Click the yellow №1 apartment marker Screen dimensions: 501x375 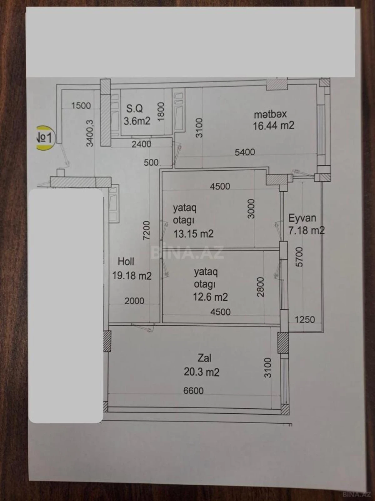click(45, 138)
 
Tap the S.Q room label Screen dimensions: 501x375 click(134, 109)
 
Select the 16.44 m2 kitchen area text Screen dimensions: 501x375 click(273, 126)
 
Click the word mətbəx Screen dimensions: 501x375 click(270, 114)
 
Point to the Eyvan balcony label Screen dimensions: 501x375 click(302, 218)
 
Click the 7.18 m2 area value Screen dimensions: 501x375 click(306, 231)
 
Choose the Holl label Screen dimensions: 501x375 click(126, 261)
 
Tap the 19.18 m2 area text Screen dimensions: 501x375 click(132, 276)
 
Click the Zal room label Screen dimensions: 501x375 click(204, 358)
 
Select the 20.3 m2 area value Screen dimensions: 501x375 click(202, 372)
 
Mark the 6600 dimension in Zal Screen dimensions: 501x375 click(193, 391)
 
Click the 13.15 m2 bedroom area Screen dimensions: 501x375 click(193, 234)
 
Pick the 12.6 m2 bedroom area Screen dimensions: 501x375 click(210, 297)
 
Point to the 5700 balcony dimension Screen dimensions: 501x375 click(299, 257)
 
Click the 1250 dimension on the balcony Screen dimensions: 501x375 click(305, 320)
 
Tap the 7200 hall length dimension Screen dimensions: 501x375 click(146, 230)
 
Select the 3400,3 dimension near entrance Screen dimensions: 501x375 click(90, 133)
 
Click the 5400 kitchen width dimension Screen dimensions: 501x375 click(245, 152)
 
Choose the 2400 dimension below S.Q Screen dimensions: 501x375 click(141, 144)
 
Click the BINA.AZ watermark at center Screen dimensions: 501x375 click(187, 252)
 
